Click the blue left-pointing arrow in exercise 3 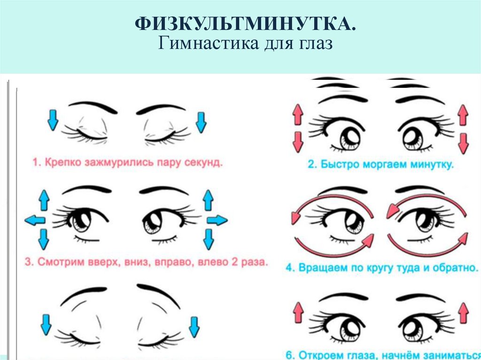35,220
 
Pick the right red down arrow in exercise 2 464,143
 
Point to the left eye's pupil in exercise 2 350,137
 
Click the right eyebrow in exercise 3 164,190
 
